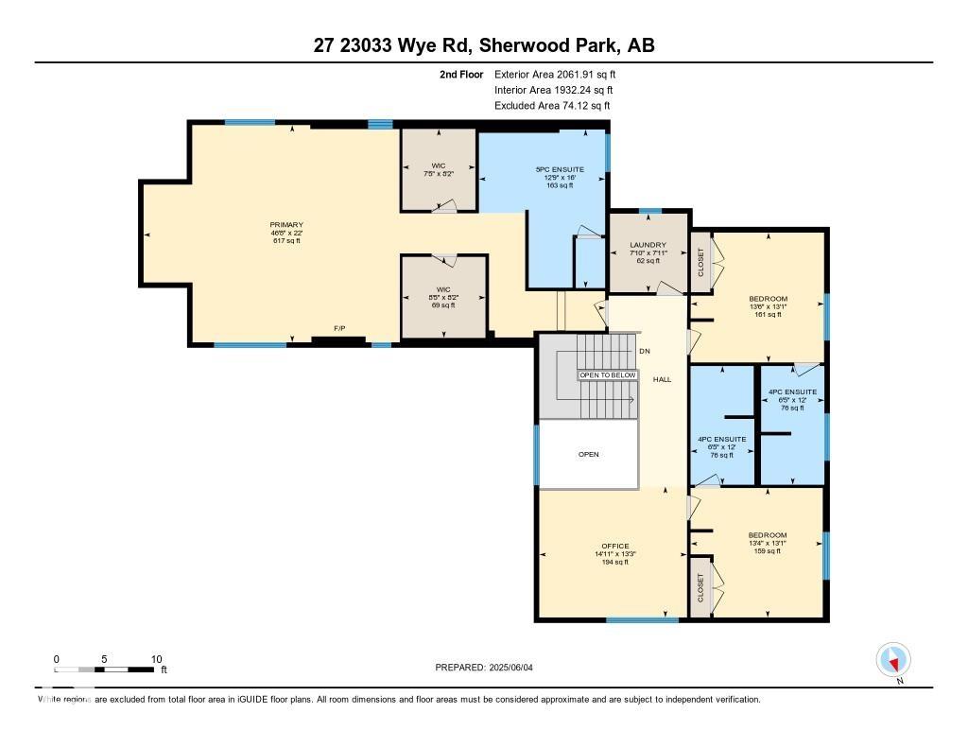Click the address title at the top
point(484,45)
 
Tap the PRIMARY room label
point(285,225)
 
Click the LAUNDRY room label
point(648,245)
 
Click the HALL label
point(662,379)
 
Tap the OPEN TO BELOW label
point(608,375)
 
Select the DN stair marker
point(644,351)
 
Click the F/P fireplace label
point(339,328)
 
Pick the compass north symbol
point(893,659)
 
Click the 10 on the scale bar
point(157,659)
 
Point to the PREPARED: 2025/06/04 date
point(490,667)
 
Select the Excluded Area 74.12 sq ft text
point(552,106)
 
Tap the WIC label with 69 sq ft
point(443,304)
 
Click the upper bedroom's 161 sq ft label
point(768,314)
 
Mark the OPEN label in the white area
point(588,454)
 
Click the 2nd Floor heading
point(461,74)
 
